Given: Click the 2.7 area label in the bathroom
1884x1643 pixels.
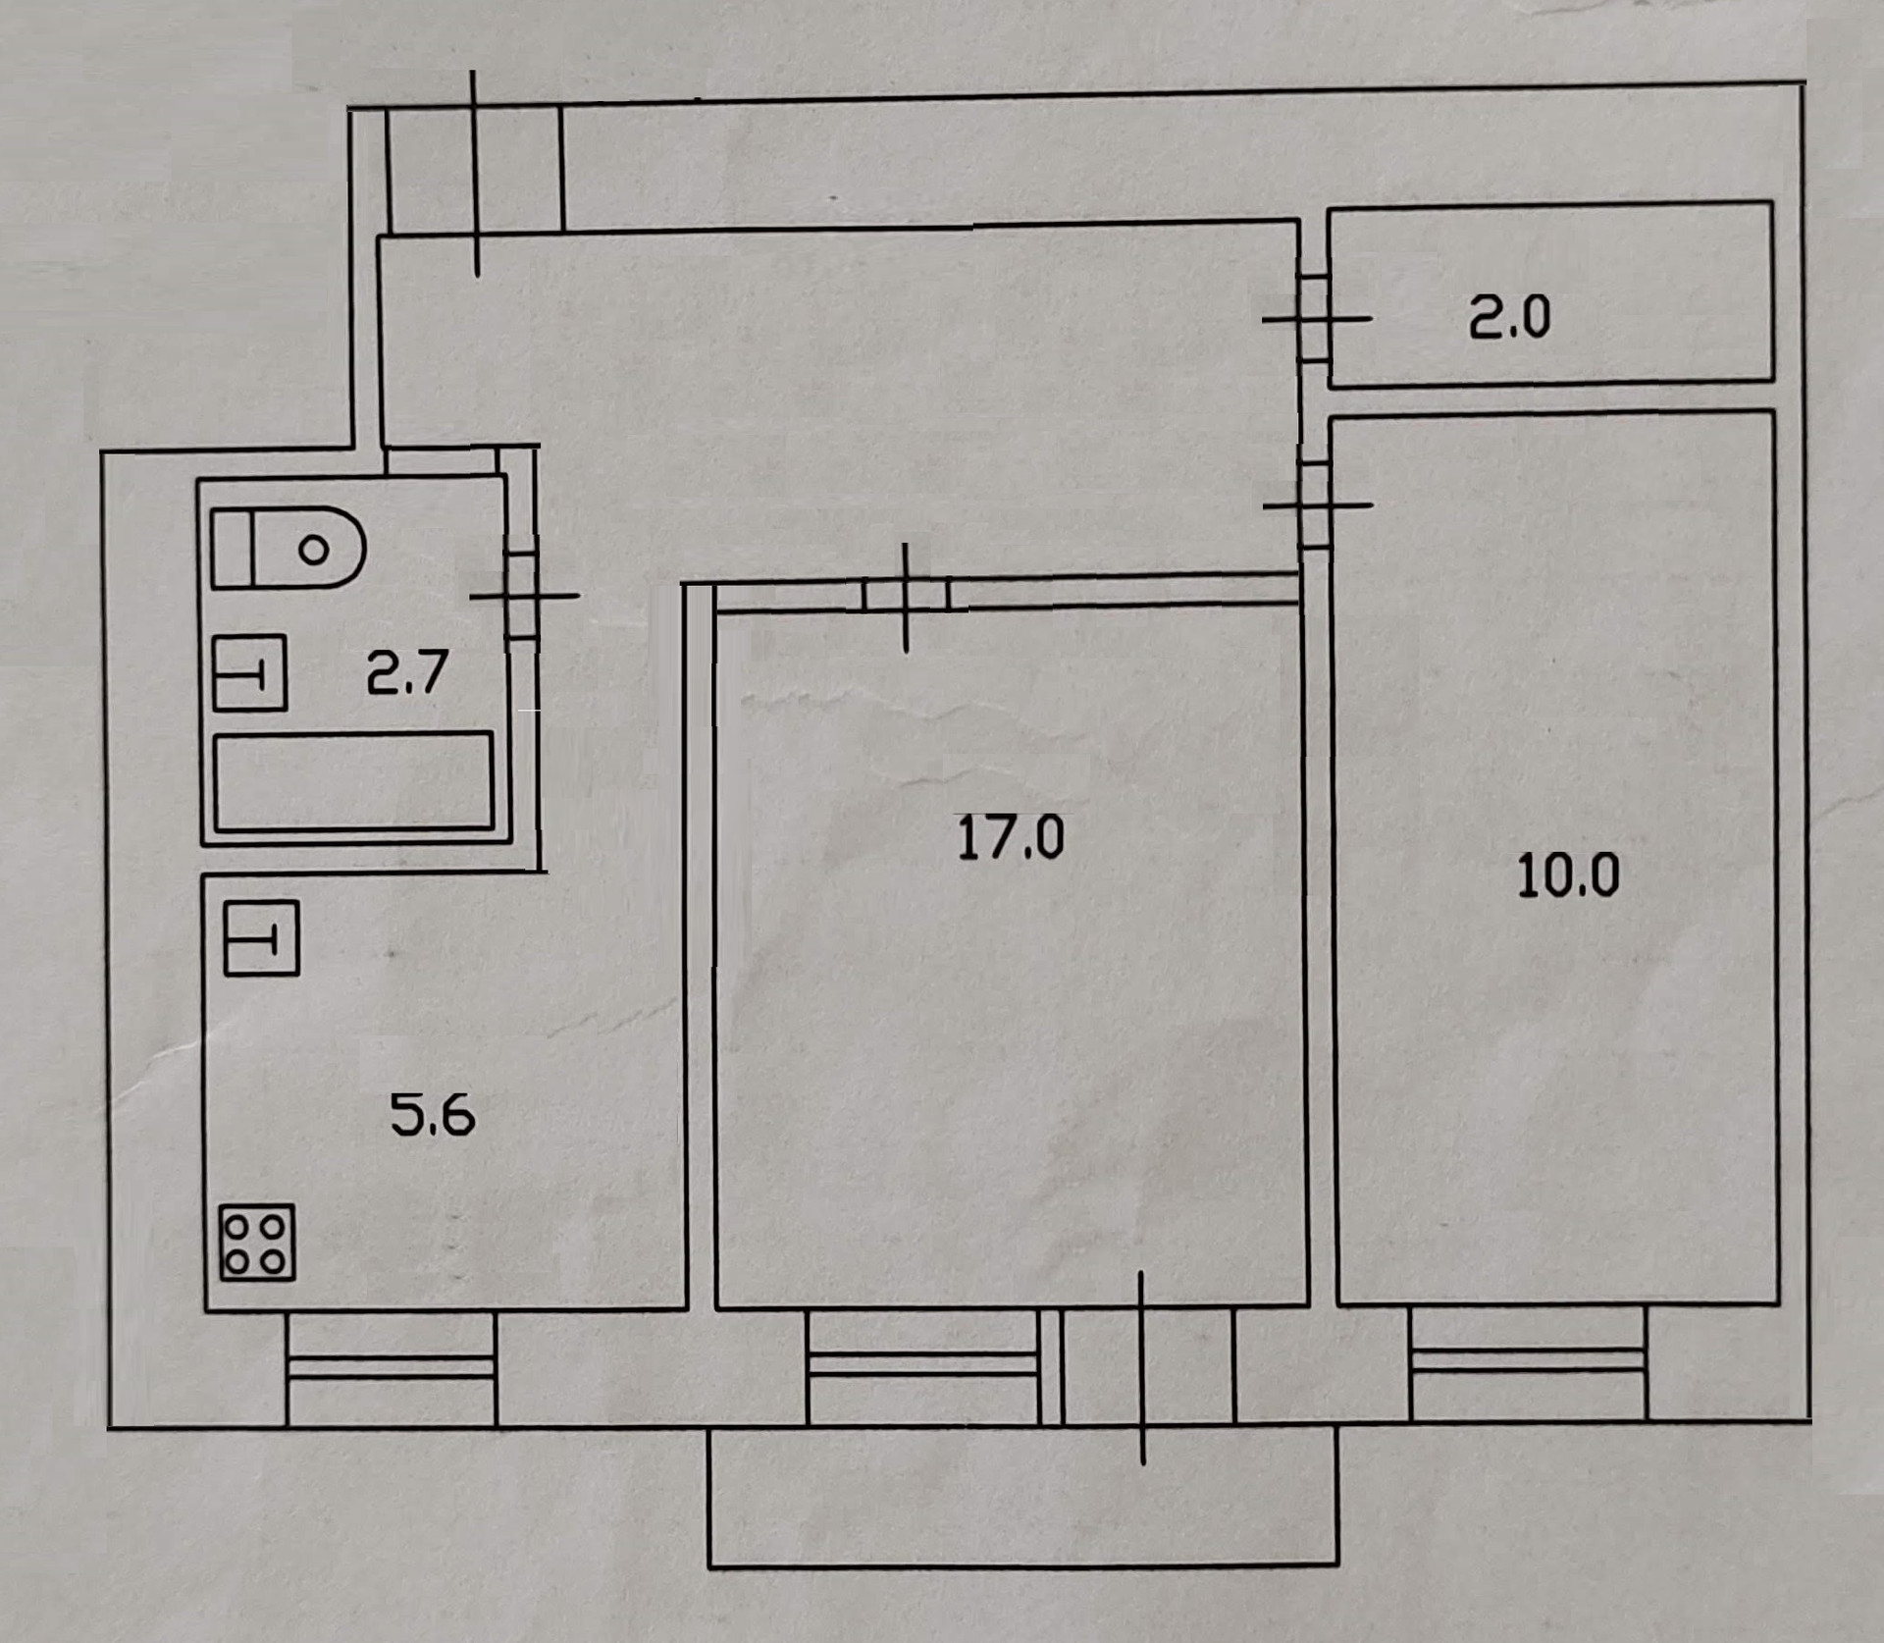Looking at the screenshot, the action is (406, 672).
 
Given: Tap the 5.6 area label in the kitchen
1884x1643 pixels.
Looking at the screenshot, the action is (432, 1115).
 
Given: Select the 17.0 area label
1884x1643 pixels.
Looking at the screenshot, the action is (1010, 838).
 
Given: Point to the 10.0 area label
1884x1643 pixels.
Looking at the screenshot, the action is (1567, 875).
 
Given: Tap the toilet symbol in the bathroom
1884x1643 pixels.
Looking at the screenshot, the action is (288, 548).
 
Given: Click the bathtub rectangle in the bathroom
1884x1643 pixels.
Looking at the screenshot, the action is (353, 781).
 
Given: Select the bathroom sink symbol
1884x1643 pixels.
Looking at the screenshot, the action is (249, 672).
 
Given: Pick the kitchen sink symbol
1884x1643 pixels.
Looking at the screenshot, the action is (261, 937).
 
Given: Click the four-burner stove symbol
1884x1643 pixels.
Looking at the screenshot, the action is (257, 1244).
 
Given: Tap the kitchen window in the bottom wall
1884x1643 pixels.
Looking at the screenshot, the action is (391, 1367).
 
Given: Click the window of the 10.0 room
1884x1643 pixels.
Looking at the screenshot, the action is (1528, 1360).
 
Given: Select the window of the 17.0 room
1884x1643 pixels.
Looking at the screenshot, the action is (922, 1364).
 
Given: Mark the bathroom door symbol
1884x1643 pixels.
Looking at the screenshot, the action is (522, 595).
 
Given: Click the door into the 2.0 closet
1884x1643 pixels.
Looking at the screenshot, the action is (1315, 319).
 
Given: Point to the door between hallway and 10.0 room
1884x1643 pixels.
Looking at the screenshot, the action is (1315, 504).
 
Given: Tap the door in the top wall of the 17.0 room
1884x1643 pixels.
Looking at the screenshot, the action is (906, 596).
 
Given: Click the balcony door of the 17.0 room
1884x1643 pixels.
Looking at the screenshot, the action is (1143, 1366).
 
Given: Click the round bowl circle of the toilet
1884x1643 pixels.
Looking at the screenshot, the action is (314, 550).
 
